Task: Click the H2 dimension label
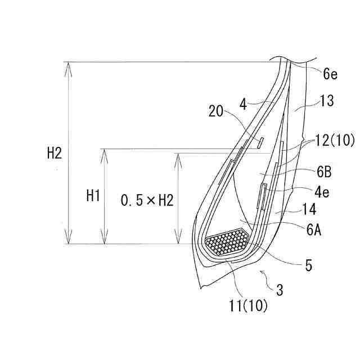(x=55, y=153)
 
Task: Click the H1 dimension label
(x=93, y=196)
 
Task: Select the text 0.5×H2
(x=147, y=200)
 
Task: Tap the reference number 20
(x=216, y=111)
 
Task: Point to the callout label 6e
(x=330, y=74)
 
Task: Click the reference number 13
(x=327, y=101)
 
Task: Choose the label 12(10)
(x=335, y=140)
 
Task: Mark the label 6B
(x=324, y=172)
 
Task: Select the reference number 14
(x=309, y=209)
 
